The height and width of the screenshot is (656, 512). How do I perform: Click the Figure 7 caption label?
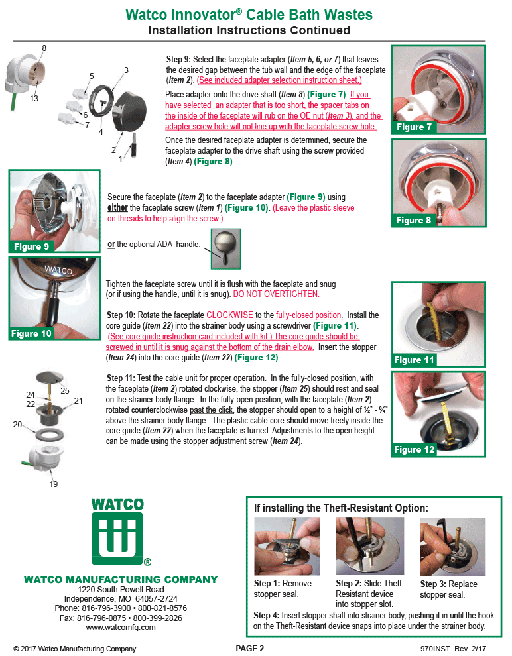click(x=414, y=127)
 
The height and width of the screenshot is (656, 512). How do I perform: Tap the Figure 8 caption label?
click(x=414, y=220)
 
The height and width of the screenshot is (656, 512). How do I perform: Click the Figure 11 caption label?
click(x=414, y=360)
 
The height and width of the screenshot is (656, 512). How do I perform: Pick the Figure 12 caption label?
click(x=414, y=449)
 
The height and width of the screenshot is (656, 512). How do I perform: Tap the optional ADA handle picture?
click(x=225, y=249)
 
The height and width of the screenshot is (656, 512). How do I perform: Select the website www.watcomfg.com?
click(x=121, y=627)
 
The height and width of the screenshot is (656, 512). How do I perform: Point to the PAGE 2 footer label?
click(x=250, y=648)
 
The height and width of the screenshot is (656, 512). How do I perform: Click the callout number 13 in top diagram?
click(x=34, y=98)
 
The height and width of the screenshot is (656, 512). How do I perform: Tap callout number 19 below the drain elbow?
click(x=54, y=484)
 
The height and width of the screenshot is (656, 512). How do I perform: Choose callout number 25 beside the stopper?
click(x=65, y=390)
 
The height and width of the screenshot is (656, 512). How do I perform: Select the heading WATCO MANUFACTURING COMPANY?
click(x=121, y=580)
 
